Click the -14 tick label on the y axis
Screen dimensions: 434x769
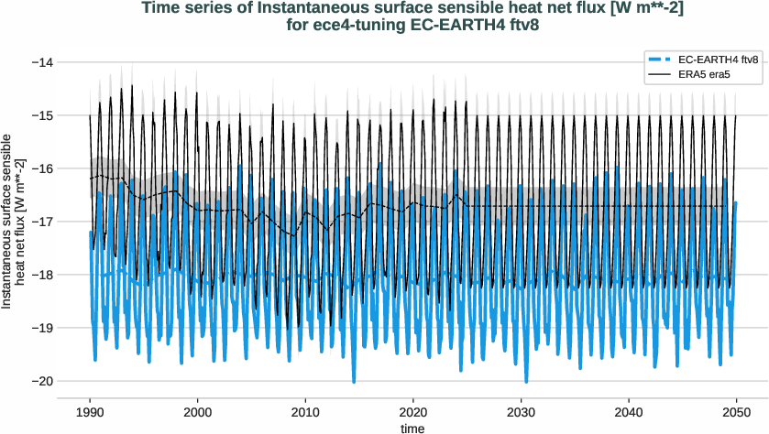click(42, 62)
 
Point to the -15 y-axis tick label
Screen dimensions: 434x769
click(42, 115)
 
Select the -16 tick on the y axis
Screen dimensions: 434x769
click(42, 168)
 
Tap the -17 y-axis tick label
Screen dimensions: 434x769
click(42, 222)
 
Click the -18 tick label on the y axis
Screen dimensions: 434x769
click(42, 275)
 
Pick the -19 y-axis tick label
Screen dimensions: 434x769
click(42, 328)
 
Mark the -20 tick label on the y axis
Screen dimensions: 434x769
click(42, 381)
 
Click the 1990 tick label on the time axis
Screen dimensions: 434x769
click(90, 412)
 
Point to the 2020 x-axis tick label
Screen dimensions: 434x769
click(413, 412)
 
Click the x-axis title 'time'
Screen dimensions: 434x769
click(413, 428)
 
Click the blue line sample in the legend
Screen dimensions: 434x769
click(663, 60)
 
